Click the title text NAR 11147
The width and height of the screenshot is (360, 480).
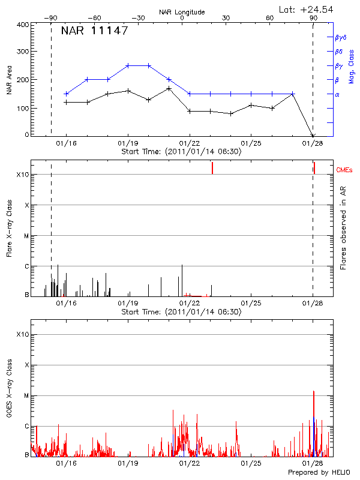point(95,31)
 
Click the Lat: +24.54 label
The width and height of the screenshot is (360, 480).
point(307,9)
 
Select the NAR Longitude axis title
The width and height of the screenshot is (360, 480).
point(182,12)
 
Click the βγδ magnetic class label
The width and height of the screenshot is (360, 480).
point(341,37)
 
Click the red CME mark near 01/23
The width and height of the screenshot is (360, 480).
point(212,169)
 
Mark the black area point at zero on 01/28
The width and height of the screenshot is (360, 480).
point(313,136)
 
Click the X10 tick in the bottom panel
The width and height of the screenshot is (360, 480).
point(23,334)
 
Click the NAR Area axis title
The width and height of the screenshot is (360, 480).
point(9,80)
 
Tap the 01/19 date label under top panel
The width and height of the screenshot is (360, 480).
point(128,143)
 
